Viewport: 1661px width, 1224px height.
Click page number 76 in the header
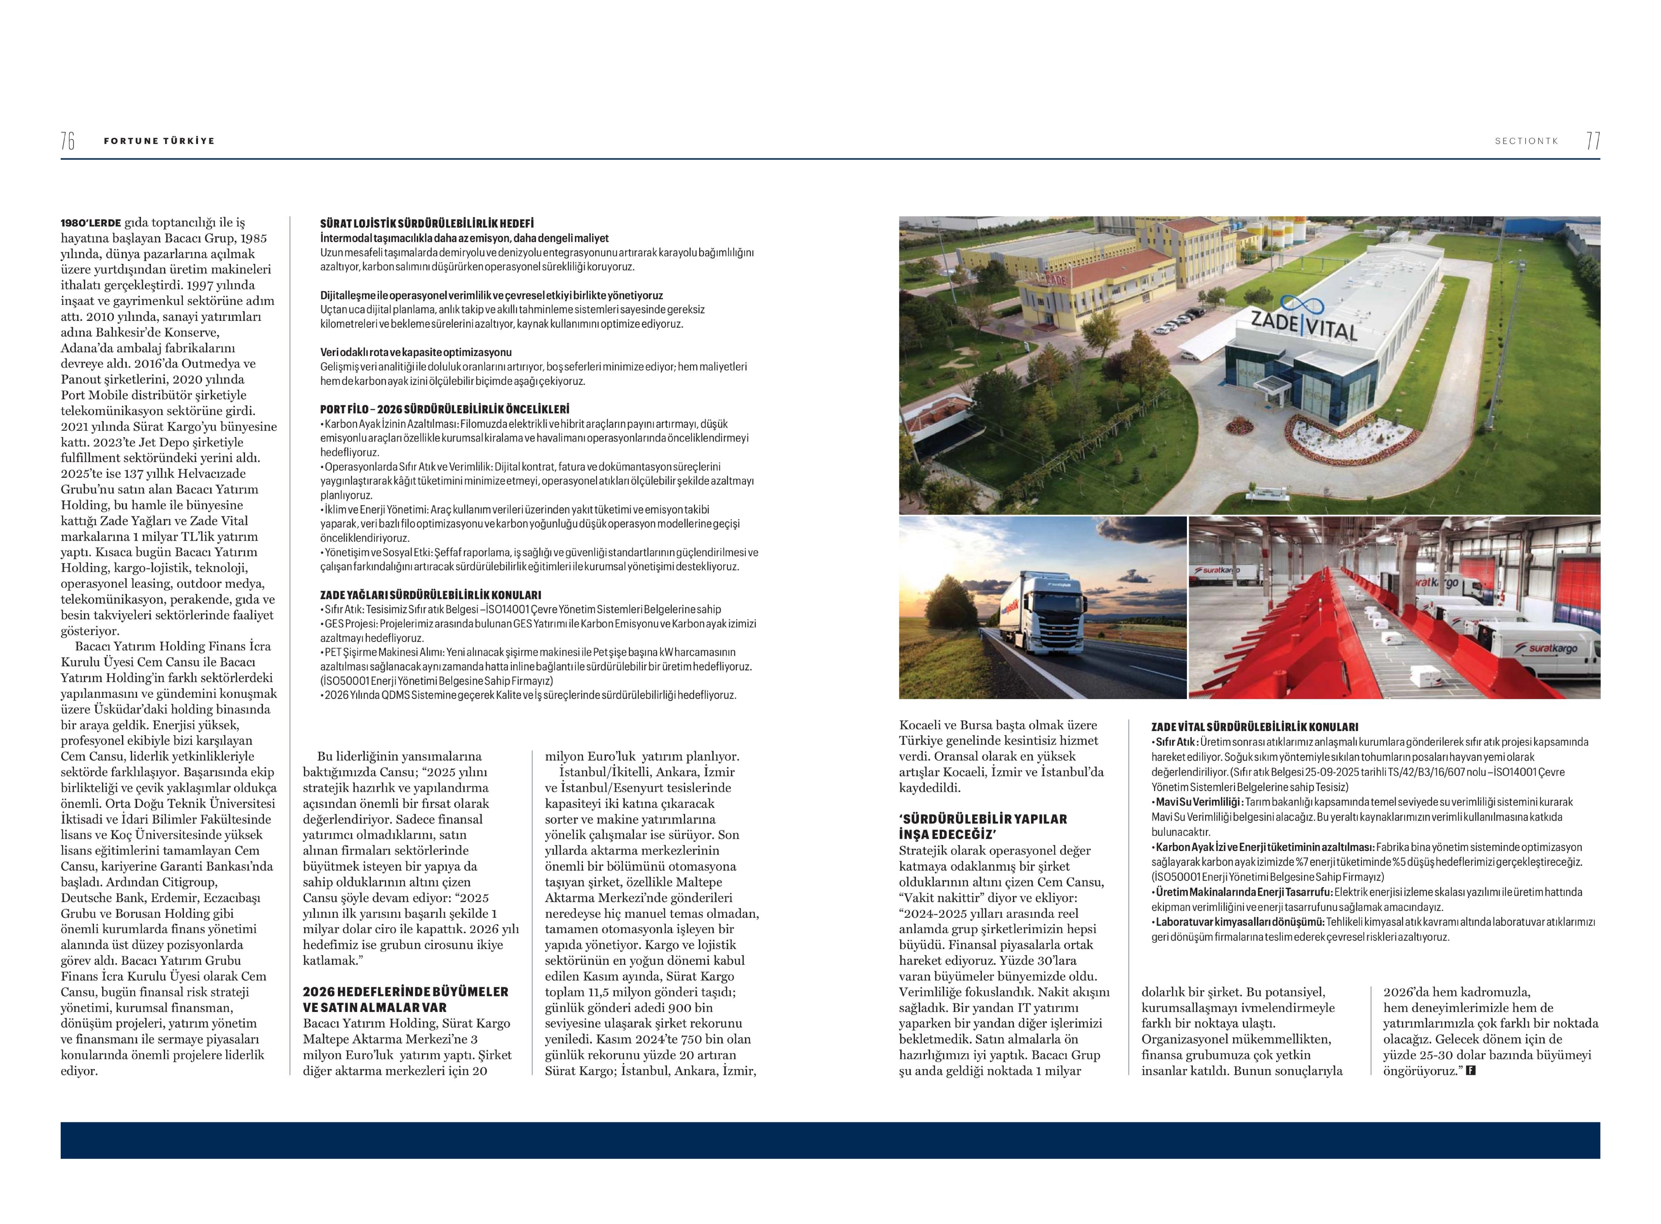[67, 141]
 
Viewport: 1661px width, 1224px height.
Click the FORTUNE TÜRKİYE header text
[159, 141]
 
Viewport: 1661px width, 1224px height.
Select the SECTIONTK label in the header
[1526, 141]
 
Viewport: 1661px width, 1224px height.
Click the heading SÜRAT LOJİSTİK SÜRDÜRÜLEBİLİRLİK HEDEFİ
[427, 223]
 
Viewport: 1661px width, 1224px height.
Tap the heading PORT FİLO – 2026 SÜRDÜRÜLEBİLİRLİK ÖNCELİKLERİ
[444, 409]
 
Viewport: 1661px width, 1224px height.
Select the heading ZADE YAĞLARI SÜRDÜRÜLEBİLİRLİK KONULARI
[430, 595]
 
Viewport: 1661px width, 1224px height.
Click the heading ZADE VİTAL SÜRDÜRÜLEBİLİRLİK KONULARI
[1254, 728]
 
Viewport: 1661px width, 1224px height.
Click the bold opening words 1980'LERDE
[90, 222]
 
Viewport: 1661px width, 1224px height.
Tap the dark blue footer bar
[830, 1140]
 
